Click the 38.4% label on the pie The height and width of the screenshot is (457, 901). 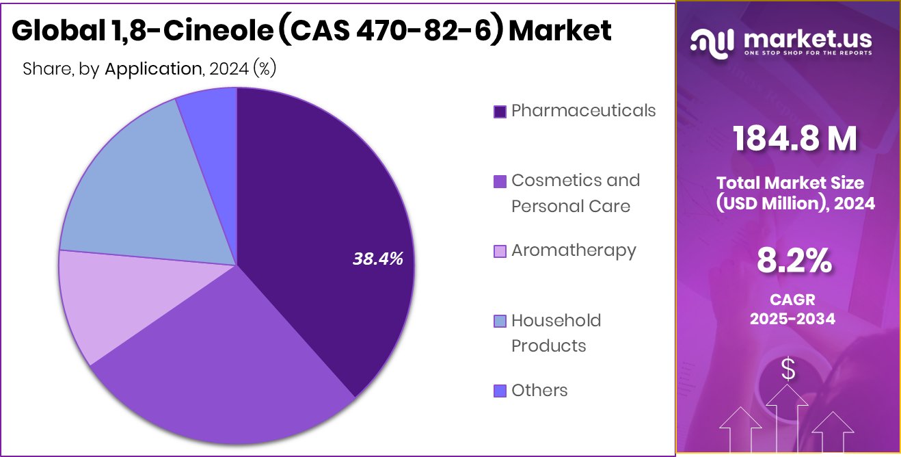click(377, 259)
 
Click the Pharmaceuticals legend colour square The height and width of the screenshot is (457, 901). click(500, 112)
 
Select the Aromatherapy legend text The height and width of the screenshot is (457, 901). click(574, 250)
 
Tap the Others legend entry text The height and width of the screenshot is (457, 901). click(539, 390)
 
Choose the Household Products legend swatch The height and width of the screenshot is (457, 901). click(500, 321)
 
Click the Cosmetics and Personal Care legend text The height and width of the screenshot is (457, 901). click(576, 193)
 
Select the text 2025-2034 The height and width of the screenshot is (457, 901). click(792, 319)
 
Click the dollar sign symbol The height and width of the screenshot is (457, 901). click(788, 370)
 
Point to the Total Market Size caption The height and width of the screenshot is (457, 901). click(790, 183)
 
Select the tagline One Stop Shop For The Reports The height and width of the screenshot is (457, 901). click(807, 53)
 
